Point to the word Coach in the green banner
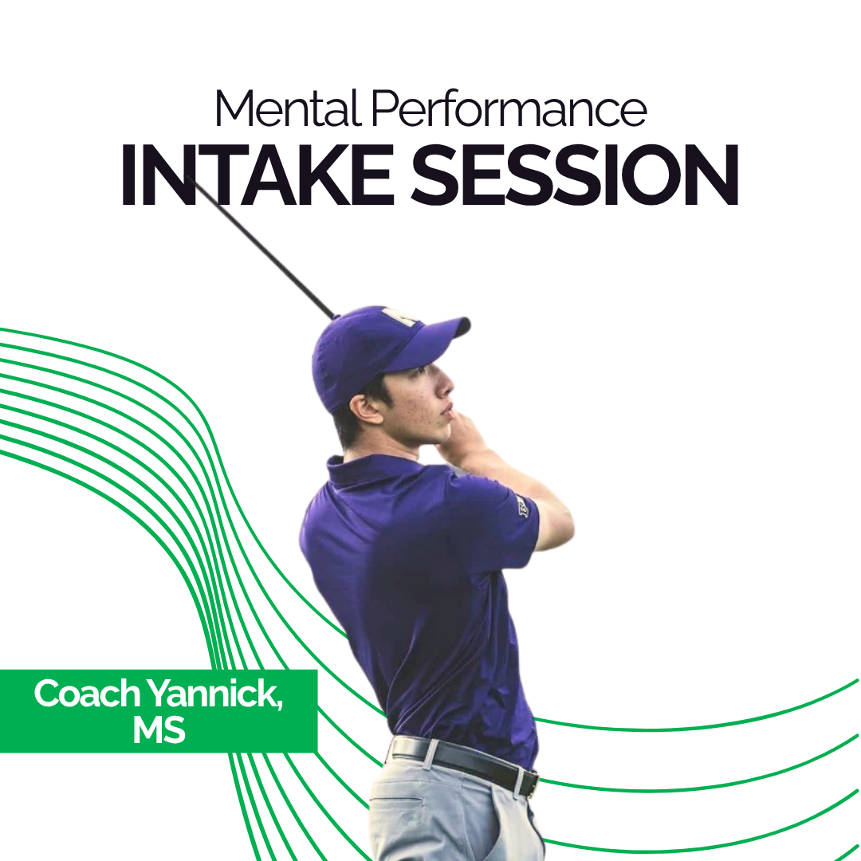pos(87,695)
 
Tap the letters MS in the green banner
pos(159,731)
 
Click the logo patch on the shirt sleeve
pos(522,505)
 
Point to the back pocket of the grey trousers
pos(399,805)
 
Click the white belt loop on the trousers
pos(431,753)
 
